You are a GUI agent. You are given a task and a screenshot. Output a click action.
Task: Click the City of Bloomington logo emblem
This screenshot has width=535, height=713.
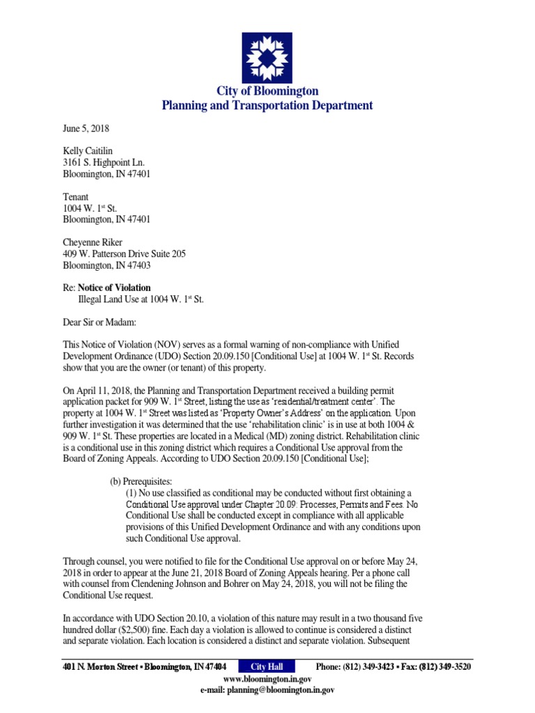pyautogui.click(x=267, y=57)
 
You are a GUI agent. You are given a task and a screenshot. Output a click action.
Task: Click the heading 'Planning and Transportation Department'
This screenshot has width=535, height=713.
pyautogui.click(x=267, y=106)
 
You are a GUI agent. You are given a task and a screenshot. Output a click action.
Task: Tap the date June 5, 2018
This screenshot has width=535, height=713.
pyautogui.click(x=86, y=129)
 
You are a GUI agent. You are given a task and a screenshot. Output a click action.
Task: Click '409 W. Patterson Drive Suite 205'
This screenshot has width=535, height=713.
pyautogui.click(x=124, y=254)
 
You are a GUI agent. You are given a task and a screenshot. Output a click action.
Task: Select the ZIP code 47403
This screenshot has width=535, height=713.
pyautogui.click(x=138, y=265)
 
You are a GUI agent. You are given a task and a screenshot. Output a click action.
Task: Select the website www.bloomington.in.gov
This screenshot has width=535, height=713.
pyautogui.click(x=267, y=679)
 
